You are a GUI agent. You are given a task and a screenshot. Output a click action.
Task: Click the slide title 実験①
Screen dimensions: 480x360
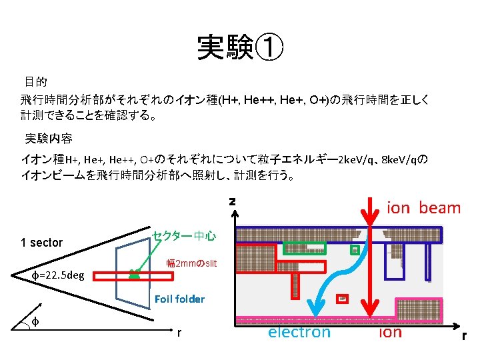tap(240, 47)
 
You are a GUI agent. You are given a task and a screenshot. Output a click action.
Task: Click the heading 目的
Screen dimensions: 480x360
tap(35, 82)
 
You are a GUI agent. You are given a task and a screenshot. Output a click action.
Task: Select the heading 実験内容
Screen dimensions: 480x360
tap(49, 139)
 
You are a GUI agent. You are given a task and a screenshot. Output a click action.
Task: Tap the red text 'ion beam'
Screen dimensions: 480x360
tap(423, 208)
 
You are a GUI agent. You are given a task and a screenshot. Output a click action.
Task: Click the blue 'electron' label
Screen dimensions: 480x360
tap(299, 332)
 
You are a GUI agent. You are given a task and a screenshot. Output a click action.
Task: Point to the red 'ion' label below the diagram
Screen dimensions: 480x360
tap(390, 332)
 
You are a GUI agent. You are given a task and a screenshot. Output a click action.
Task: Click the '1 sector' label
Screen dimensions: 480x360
tap(41, 243)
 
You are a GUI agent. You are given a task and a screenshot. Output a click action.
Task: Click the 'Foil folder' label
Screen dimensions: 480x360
tap(179, 299)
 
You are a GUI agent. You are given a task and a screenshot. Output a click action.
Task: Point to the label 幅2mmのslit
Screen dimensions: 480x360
tap(191, 264)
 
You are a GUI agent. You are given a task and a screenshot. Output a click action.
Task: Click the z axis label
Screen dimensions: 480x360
tap(232, 201)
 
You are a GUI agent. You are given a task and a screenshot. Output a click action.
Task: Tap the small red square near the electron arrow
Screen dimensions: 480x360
tap(342, 299)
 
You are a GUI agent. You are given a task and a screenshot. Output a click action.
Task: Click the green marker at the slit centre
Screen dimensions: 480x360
tap(134, 274)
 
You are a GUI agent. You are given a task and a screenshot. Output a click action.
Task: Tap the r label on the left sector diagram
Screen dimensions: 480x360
tap(179, 331)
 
